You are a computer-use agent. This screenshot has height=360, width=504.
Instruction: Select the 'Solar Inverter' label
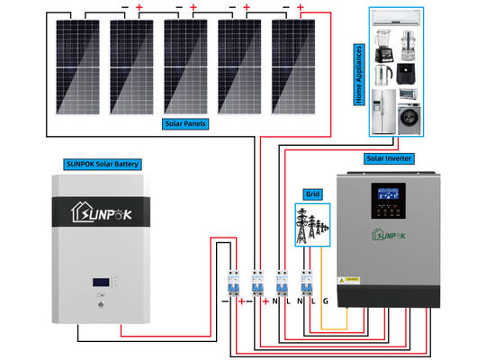click(x=389, y=157)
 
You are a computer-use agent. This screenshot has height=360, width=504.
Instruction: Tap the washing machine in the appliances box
click(x=409, y=120)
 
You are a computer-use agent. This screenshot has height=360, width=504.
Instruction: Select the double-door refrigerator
click(x=382, y=111)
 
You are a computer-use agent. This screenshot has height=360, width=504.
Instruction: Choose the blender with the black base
click(x=379, y=48)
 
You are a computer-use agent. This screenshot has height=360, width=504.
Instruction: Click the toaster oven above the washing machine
click(x=409, y=92)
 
